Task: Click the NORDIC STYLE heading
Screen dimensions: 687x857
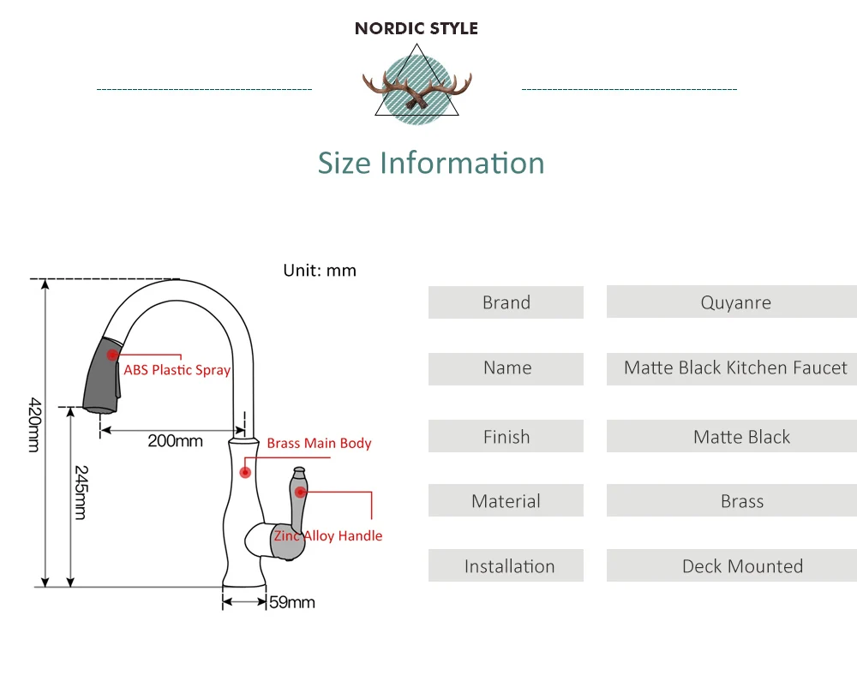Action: tap(417, 28)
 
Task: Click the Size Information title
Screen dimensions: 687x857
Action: tap(431, 163)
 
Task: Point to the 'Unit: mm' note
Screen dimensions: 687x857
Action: tap(320, 271)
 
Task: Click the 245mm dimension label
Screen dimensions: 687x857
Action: tap(80, 492)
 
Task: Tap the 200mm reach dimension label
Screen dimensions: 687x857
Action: tap(175, 441)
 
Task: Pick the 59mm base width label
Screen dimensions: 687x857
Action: tap(292, 602)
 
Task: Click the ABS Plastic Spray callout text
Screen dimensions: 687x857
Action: tap(177, 371)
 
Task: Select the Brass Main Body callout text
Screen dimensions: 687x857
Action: tap(319, 443)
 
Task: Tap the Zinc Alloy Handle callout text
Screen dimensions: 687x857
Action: tap(328, 536)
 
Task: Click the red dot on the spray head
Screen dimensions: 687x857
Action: tap(112, 354)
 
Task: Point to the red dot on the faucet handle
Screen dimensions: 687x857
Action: tap(300, 491)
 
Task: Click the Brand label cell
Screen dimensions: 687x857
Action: tap(506, 302)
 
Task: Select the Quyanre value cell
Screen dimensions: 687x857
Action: tap(734, 302)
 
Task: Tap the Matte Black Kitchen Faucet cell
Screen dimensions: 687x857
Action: tap(734, 368)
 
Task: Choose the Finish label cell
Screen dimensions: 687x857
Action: tap(506, 437)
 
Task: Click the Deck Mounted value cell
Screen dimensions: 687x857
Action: tap(741, 566)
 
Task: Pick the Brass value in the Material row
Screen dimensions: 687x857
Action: tap(741, 502)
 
